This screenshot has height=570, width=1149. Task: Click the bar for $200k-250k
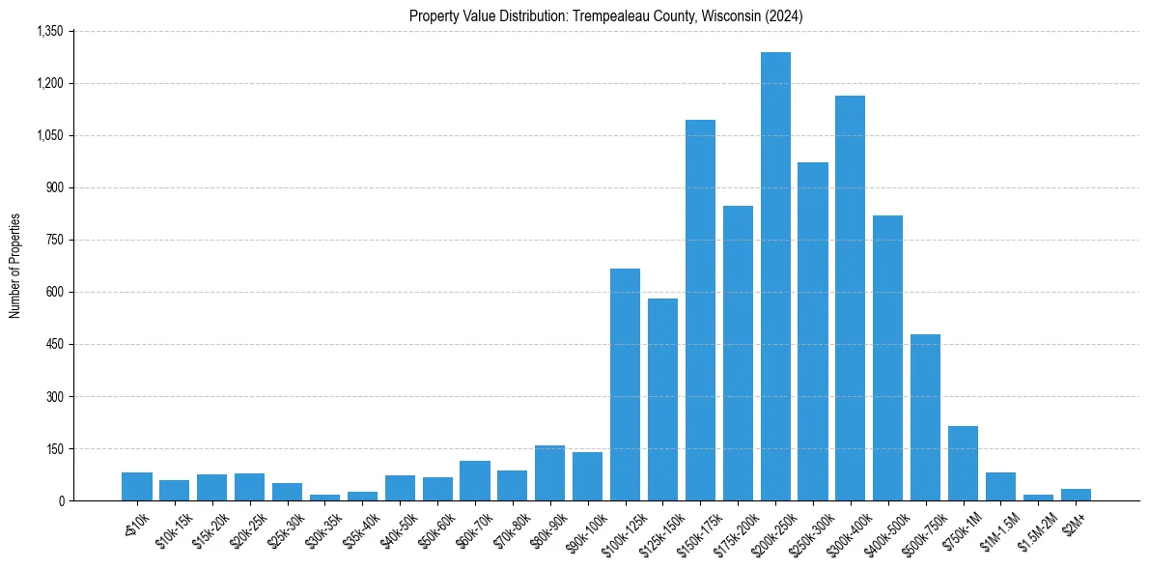pyautogui.click(x=775, y=276)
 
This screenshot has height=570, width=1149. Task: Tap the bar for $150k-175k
pyautogui.click(x=700, y=310)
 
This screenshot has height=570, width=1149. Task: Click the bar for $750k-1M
pyautogui.click(x=963, y=463)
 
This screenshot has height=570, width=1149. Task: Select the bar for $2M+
pyautogui.click(x=1076, y=495)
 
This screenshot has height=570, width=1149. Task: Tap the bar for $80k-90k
pyautogui.click(x=549, y=473)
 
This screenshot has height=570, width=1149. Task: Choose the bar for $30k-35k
pyautogui.click(x=324, y=498)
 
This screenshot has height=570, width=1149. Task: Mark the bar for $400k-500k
pyautogui.click(x=887, y=357)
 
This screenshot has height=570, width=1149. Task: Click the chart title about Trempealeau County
pyautogui.click(x=605, y=16)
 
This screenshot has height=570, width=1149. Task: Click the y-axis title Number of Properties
pyautogui.click(x=15, y=266)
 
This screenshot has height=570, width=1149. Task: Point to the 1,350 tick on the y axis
pyautogui.click(x=49, y=31)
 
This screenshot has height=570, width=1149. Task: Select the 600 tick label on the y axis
pyautogui.click(x=54, y=292)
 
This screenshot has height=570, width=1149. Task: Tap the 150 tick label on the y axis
pyautogui.click(x=54, y=448)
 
